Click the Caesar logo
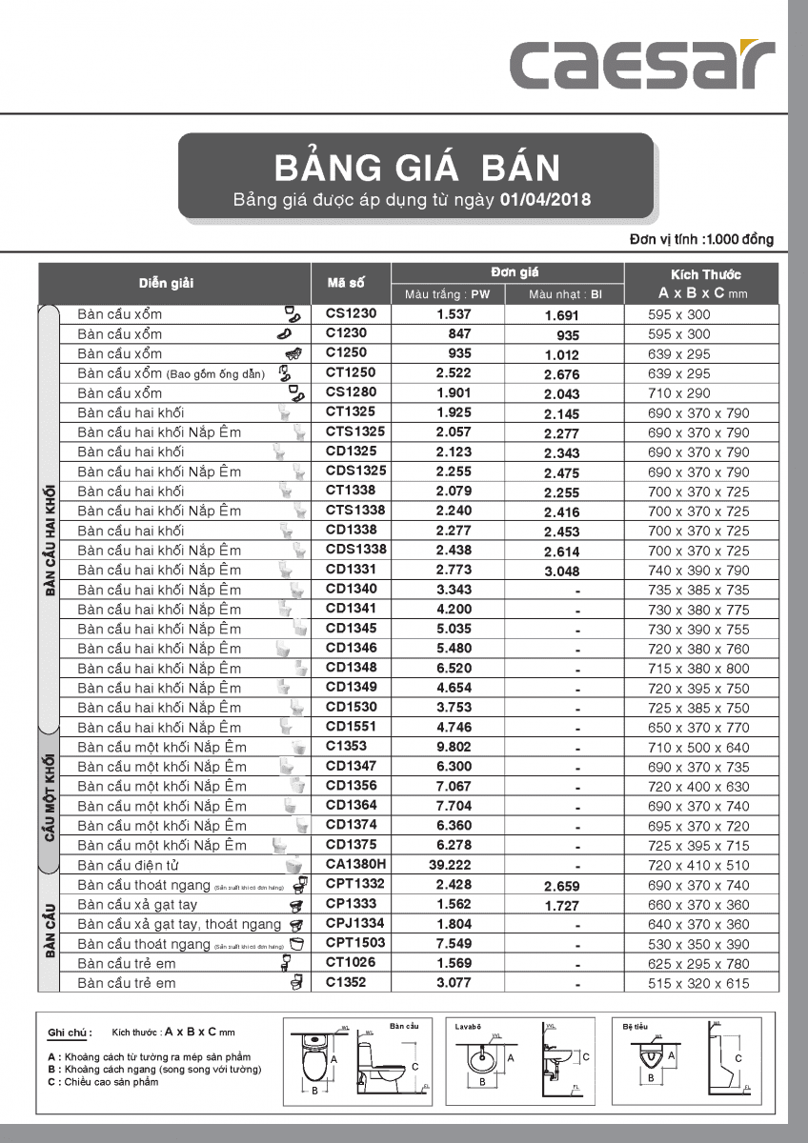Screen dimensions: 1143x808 [641, 64]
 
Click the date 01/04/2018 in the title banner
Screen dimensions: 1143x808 [545, 200]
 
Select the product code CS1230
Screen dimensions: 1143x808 [352, 313]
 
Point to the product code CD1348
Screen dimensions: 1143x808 [352, 667]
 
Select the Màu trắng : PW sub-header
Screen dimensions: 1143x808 [447, 294]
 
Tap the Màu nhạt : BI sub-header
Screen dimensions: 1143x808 [566, 294]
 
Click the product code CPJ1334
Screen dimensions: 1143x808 [355, 923]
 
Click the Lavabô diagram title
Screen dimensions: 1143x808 [469, 1027]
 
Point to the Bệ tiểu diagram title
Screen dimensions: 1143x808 [636, 1027]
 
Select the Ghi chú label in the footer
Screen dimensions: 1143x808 [70, 1033]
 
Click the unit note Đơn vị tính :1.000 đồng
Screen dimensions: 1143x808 [701, 240]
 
